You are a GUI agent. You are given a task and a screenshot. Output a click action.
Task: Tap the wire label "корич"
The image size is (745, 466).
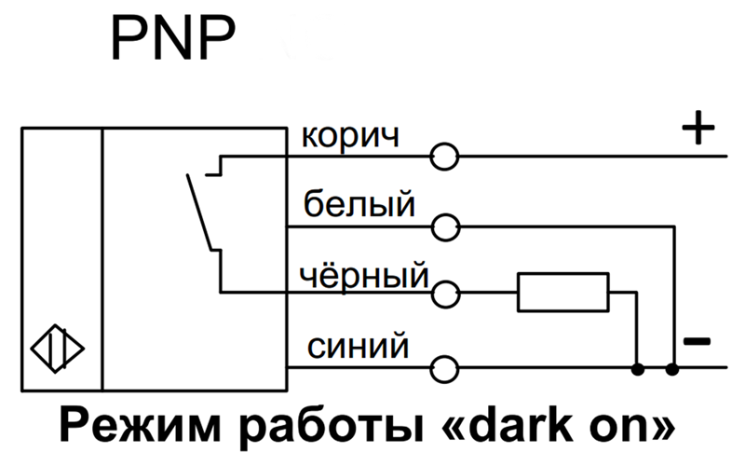[x=349, y=136]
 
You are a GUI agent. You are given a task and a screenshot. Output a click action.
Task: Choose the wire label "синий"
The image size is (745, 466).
[x=355, y=347]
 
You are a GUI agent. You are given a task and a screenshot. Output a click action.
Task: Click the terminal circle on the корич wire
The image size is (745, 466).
[x=445, y=157]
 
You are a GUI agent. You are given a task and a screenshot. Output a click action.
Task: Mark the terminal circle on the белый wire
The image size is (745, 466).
[x=445, y=226]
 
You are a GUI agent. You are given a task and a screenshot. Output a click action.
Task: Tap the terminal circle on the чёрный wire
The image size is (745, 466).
[x=445, y=295]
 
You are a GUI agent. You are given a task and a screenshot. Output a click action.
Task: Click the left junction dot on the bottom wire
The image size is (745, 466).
[x=638, y=368]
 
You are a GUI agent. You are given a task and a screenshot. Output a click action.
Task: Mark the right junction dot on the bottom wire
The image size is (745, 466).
[x=673, y=368]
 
